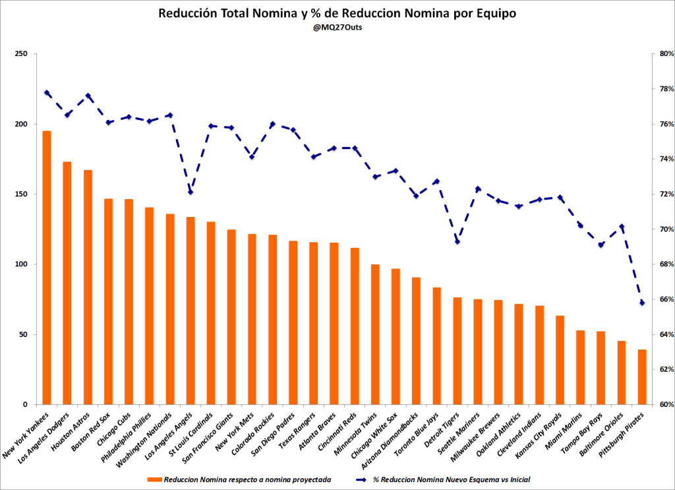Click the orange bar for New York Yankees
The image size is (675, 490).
tap(47, 267)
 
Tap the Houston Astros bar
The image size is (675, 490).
tap(88, 287)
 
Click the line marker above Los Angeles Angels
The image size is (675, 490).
tap(191, 192)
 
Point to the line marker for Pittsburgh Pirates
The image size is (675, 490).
tap(642, 303)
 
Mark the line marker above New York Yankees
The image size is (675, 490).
tap(47, 93)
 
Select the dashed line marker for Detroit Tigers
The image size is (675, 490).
tap(457, 241)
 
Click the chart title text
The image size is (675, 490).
tap(337, 13)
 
